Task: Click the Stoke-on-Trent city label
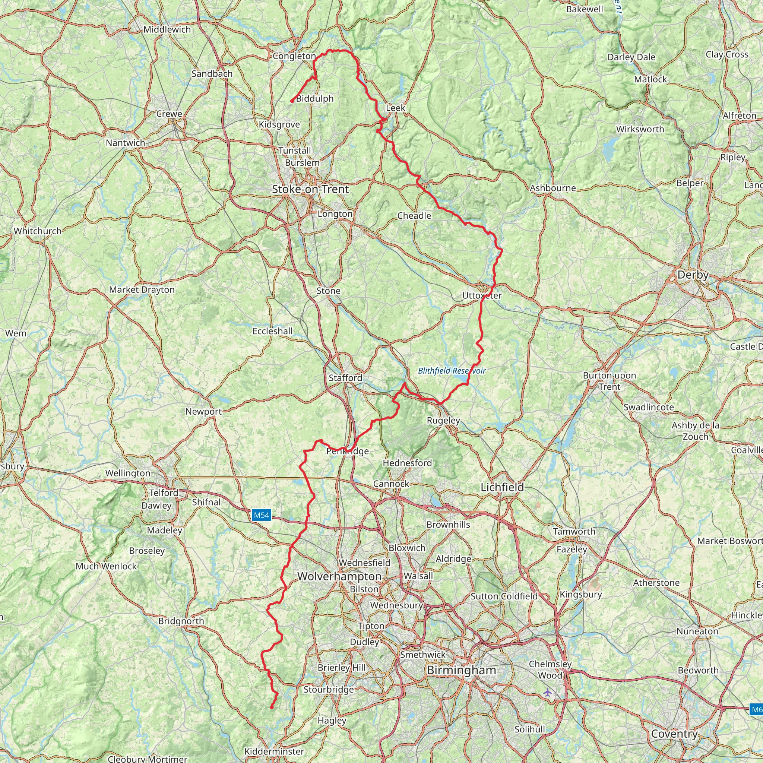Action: point(310,189)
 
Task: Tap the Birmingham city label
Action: point(461,670)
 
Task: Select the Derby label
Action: point(693,275)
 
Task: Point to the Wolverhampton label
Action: point(339,576)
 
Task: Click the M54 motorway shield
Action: point(262,515)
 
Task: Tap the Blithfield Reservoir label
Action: point(452,370)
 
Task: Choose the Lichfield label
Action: point(502,487)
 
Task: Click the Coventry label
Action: point(674,734)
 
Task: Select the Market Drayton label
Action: point(142,289)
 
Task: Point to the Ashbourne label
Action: point(553,188)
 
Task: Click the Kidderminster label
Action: point(274,751)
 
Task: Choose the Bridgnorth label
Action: point(181,621)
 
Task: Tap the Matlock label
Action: point(650,79)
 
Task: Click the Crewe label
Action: point(169,114)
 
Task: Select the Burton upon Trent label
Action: point(610,381)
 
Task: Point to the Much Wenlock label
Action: point(106,566)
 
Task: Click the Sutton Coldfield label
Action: point(504,596)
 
